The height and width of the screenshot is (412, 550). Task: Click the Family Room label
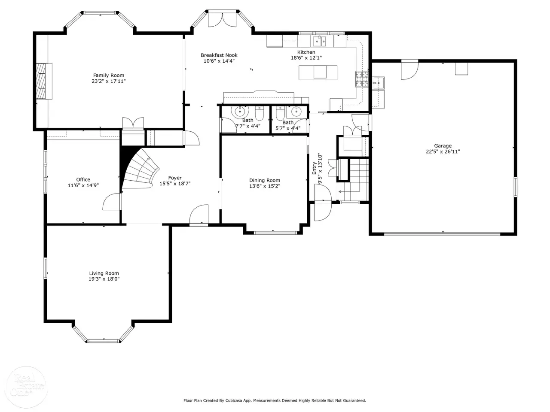pos(109,75)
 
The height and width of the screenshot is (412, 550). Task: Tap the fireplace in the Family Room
pos(44,81)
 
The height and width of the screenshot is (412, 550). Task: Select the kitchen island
pos(318,73)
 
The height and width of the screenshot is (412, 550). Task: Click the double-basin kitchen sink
pos(320,41)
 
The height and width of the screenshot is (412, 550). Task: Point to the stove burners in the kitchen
pos(362,79)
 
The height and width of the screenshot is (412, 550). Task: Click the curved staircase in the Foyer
pos(141,168)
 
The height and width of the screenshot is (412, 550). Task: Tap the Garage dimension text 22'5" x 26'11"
pos(443,151)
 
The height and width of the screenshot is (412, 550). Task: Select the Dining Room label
pos(265,180)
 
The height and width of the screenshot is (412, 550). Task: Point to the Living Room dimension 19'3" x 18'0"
pos(104,279)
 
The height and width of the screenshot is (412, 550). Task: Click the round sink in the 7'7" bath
pos(240,111)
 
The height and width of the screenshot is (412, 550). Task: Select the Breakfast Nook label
pos(219,55)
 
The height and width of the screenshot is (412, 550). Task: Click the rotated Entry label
pos(314,168)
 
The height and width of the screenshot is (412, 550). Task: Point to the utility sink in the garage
pos(378,83)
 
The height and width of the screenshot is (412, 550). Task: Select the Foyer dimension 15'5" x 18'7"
pos(175,184)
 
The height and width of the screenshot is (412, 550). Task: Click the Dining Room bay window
pos(275,233)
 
